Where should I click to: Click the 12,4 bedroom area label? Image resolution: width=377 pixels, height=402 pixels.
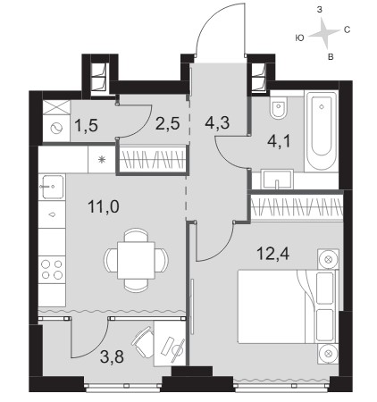pos(272,254)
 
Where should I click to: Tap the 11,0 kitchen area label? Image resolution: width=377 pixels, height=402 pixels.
pos(104,206)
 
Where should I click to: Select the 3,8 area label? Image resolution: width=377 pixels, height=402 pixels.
pos(112,357)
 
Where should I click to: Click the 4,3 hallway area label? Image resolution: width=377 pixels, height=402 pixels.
pos(217,122)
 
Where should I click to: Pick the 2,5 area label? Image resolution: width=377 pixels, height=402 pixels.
pos(168,123)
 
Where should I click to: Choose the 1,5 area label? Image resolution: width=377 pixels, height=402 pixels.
pos(86,126)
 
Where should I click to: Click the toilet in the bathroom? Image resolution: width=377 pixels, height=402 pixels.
pos(279,107)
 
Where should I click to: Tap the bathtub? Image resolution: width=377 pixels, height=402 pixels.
pos(321,131)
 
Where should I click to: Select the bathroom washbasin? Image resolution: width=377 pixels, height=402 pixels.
pos(277,180)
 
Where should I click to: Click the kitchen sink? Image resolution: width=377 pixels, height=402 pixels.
pos(53,187)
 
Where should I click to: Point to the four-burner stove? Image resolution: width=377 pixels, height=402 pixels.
pos(52,269)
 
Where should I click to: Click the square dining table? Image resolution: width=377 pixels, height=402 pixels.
pos(136,260)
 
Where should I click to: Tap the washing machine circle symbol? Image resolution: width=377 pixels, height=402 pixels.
pos(56,129)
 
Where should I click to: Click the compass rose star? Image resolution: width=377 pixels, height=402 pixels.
pos(323,32)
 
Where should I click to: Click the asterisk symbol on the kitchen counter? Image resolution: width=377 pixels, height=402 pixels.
pos(102,160)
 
